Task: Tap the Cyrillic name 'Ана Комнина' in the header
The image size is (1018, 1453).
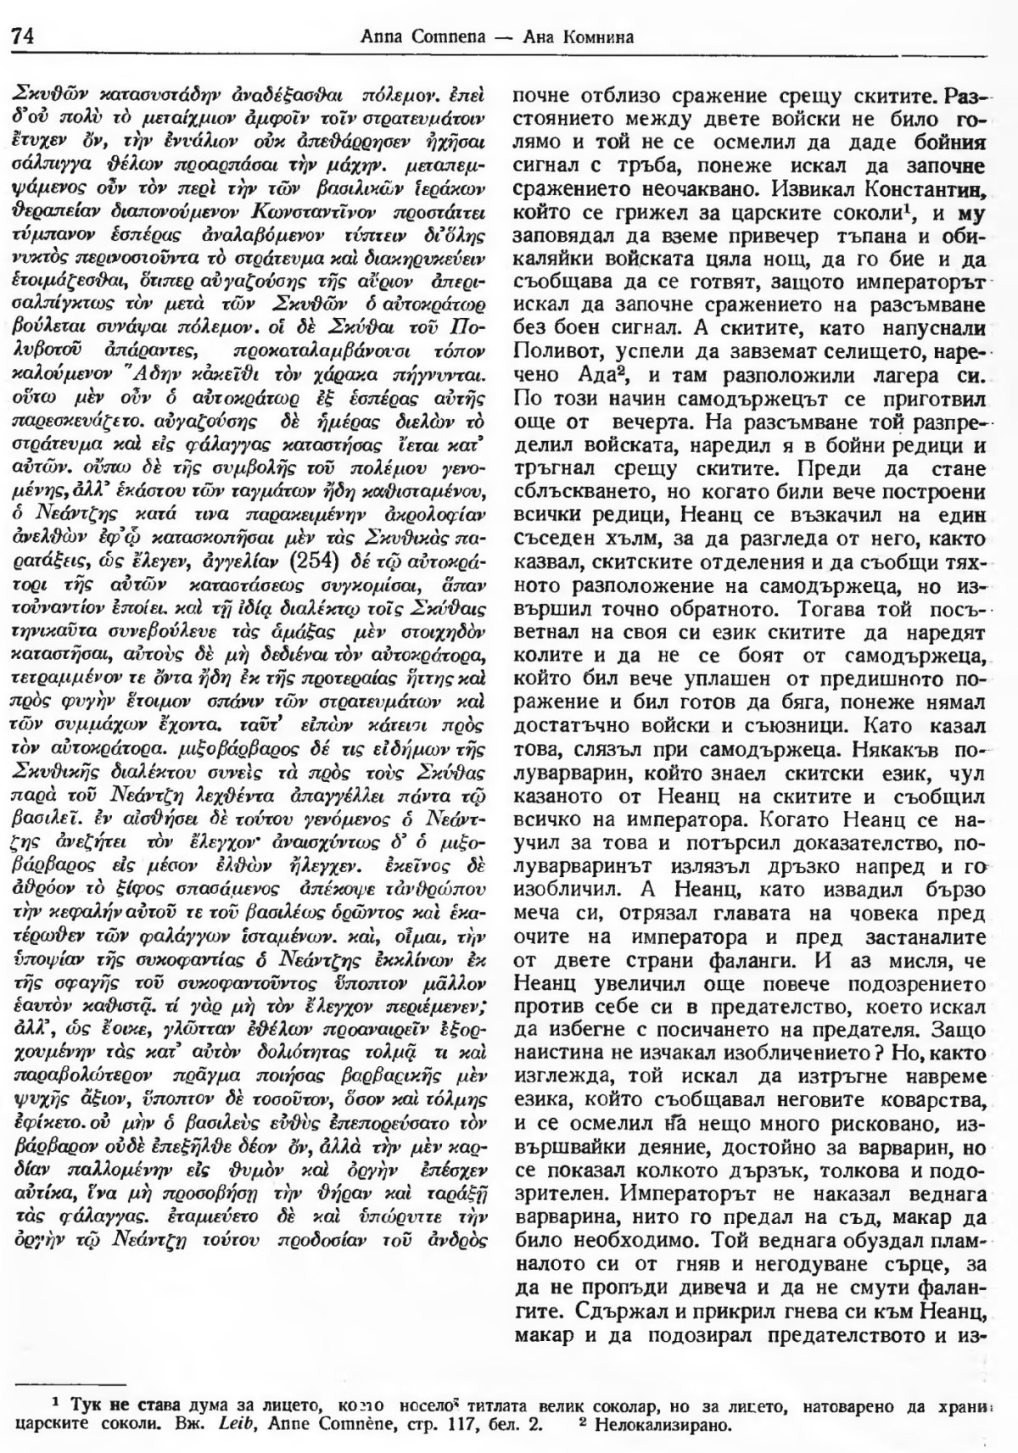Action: pos(586,37)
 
